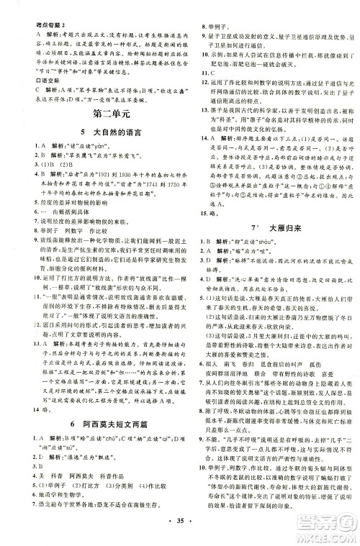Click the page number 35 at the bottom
tap(179, 535)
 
